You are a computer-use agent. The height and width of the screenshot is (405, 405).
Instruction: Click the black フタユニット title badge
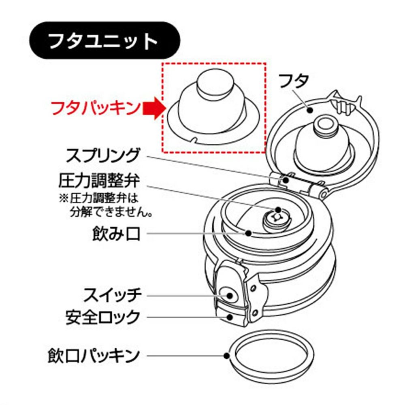tap(104, 40)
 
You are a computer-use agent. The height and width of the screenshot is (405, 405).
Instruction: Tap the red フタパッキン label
tap(96, 108)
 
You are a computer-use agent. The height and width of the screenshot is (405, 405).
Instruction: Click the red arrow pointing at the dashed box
tap(153, 108)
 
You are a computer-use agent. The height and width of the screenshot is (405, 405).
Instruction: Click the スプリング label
tap(102, 156)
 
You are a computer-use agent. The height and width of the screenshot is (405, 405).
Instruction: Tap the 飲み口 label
tap(116, 234)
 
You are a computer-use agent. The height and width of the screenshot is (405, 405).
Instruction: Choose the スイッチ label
tap(112, 295)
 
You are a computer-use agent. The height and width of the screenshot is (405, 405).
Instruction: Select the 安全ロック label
tap(103, 317)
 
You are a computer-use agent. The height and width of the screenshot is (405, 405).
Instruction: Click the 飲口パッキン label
tap(94, 356)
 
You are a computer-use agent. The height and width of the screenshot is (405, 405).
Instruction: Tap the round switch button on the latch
tap(227, 295)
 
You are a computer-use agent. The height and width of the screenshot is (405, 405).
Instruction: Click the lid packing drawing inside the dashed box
tap(213, 107)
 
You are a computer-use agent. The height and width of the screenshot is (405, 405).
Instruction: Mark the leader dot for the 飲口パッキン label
tap(227, 356)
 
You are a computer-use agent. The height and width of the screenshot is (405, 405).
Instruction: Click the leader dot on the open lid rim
tap(310, 110)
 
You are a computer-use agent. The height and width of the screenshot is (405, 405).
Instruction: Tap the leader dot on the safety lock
tap(229, 317)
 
